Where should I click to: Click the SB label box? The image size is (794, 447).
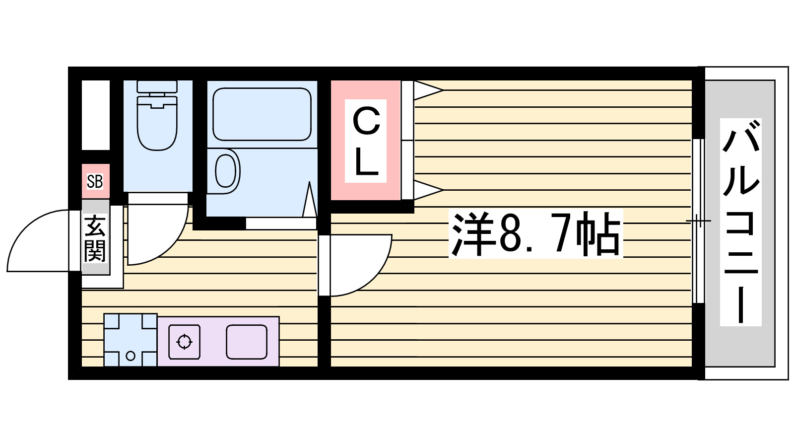pyautogui.click(x=95, y=181)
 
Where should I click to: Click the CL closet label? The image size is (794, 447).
pyautogui.click(x=366, y=141)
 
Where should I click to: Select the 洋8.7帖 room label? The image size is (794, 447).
pyautogui.click(x=535, y=234)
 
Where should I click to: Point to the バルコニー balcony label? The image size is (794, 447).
pyautogui.click(x=740, y=222)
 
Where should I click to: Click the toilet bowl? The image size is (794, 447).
pyautogui.click(x=157, y=124)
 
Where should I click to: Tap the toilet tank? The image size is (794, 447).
pyautogui.click(x=157, y=86)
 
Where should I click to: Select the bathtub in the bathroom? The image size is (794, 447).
pyautogui.click(x=262, y=114)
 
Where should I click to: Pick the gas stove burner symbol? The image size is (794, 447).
pyautogui.click(x=185, y=342)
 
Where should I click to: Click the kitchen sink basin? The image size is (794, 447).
pyautogui.click(x=247, y=342)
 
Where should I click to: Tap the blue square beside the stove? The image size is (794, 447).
pyautogui.click(x=131, y=340)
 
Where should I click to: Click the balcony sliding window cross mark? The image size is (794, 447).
pyautogui.click(x=699, y=221)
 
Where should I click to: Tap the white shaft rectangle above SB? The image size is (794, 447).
pyautogui.click(x=95, y=115)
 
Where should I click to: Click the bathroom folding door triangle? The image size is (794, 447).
pyautogui.click(x=310, y=200)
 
